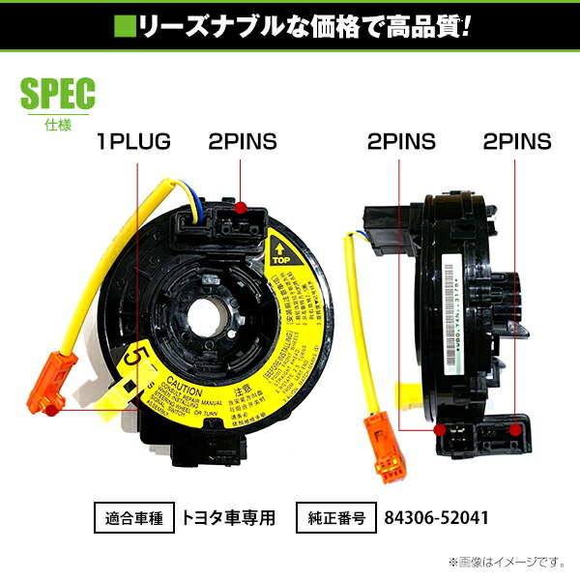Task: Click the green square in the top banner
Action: pos(125,22)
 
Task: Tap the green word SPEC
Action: pos(57,93)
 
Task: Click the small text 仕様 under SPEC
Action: pos(57,123)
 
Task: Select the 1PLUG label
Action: pos(133,142)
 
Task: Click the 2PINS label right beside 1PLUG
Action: pos(242,142)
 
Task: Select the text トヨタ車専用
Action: pos(228,517)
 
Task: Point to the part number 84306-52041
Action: pos(435,517)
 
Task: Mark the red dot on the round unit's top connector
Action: pos(240,205)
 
